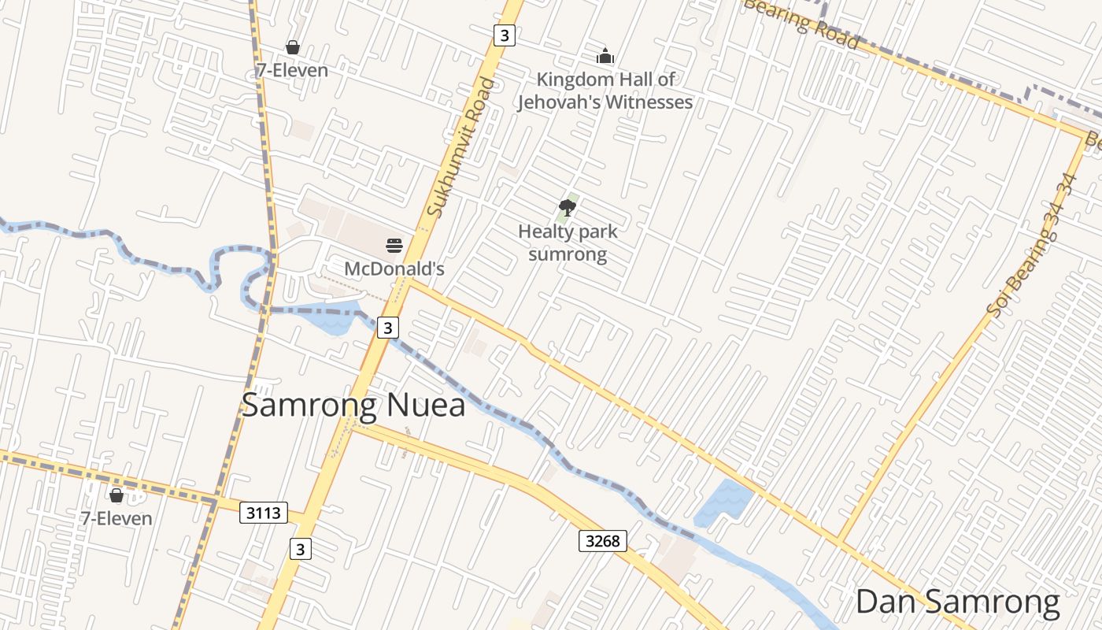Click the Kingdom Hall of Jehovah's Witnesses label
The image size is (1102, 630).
[x=605, y=91]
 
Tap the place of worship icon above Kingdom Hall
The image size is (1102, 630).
[x=605, y=56]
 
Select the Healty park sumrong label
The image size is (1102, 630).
[x=568, y=243]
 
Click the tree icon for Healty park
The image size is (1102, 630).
[x=567, y=208]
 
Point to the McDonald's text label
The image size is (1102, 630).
[x=394, y=269]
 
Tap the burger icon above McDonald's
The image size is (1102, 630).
[x=394, y=246]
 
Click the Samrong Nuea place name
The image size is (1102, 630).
[x=353, y=405]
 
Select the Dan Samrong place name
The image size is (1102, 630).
[x=957, y=602]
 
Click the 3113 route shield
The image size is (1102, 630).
[x=263, y=513]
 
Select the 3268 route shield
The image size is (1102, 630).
[x=604, y=540]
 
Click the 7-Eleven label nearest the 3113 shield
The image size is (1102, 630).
[x=116, y=518]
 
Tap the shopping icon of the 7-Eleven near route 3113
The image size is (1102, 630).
[x=116, y=495]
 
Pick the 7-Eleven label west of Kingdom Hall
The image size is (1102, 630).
[x=292, y=70]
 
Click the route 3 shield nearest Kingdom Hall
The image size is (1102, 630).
[x=505, y=35]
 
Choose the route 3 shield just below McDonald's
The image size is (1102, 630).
[x=387, y=327]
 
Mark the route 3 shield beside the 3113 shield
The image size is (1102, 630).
[x=300, y=549]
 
